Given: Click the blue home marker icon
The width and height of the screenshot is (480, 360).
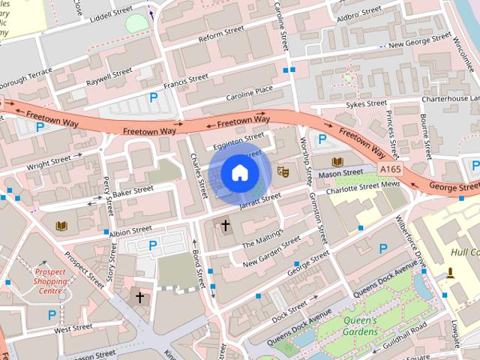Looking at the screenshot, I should [x=239, y=172].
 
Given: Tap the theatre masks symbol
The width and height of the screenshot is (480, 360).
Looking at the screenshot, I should [x=283, y=171].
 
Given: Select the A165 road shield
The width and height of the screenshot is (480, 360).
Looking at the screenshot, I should [x=390, y=170].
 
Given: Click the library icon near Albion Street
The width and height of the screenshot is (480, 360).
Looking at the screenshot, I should [x=61, y=225].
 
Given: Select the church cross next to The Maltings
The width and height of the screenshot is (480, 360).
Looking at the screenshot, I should [x=225, y=225].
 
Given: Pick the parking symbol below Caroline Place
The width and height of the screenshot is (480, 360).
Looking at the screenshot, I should [x=154, y=97].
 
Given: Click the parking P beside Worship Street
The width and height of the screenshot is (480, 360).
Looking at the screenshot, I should [x=322, y=138].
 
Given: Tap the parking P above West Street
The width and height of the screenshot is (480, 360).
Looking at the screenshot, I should [x=52, y=314].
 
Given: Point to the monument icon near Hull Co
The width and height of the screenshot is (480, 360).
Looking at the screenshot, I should [x=451, y=274].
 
